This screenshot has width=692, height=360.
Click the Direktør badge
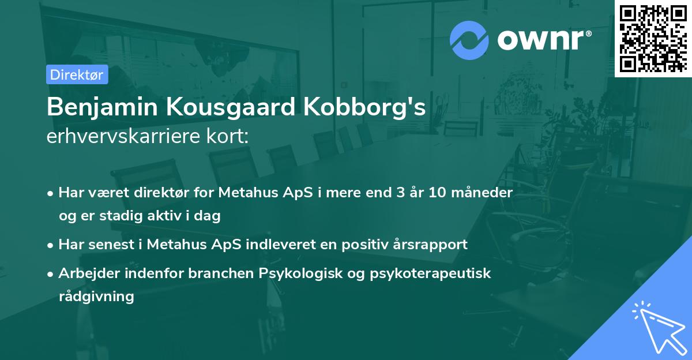(77, 74)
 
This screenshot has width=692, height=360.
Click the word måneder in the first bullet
(486, 192)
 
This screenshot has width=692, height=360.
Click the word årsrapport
(431, 244)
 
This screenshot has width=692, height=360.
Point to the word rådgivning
(96, 297)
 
